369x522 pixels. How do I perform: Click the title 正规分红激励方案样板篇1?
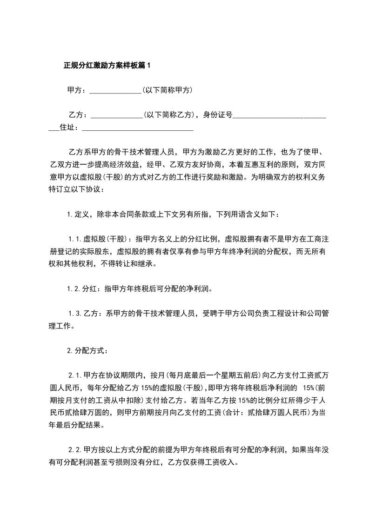click(x=107, y=66)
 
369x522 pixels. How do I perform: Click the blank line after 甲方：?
click(x=115, y=91)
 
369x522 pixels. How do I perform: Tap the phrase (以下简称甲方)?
click(x=167, y=90)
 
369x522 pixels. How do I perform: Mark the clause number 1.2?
click(x=74, y=288)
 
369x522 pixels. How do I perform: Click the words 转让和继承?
click(x=139, y=264)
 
